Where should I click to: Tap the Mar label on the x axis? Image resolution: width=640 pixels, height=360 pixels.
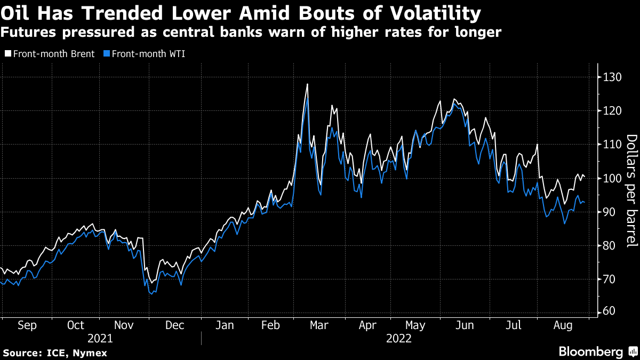tap(319, 325)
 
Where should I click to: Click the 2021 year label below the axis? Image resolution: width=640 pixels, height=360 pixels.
tap(100, 338)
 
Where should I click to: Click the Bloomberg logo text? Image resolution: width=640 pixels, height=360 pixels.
tap(590, 351)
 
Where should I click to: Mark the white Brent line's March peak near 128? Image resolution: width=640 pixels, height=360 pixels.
tap(308, 84)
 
